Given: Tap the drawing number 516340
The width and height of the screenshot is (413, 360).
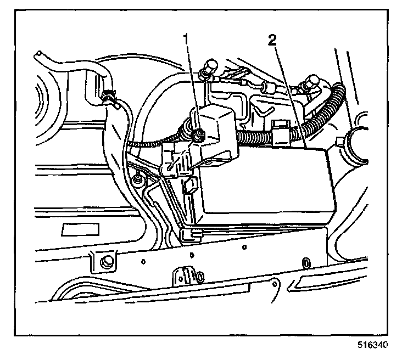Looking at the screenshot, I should pyautogui.click(x=374, y=346).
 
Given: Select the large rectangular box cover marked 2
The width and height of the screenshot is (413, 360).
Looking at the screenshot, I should pyautogui.click(x=264, y=184).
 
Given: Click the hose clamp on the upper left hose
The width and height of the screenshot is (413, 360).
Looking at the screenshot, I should pyautogui.click(x=109, y=98).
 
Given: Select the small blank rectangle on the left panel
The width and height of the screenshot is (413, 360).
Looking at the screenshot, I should pyautogui.click(x=76, y=229).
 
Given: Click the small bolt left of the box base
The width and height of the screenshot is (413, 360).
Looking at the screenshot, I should pyautogui.click(x=137, y=179).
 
